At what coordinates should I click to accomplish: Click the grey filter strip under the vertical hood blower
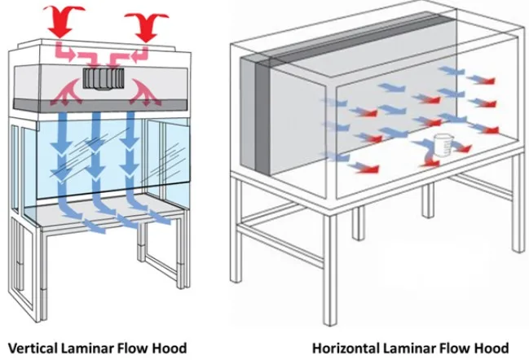pyautogui.click(x=102, y=106)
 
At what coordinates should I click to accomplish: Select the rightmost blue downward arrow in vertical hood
pyautogui.click(x=130, y=151)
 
